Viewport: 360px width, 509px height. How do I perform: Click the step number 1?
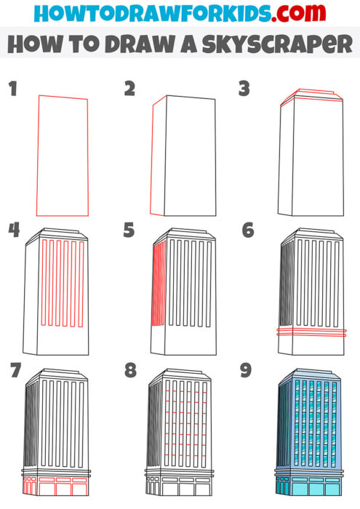[x=12, y=89]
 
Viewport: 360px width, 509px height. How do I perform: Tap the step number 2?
[x=129, y=89]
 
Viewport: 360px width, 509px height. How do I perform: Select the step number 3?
[x=244, y=89]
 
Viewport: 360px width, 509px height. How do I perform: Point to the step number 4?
[x=14, y=231]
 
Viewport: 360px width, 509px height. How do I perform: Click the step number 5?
[x=129, y=231]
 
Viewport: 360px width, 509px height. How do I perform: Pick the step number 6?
[x=247, y=231]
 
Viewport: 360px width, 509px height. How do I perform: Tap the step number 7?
[x=14, y=371]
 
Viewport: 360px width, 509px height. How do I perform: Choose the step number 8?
[x=130, y=371]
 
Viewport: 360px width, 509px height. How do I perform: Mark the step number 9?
[x=246, y=371]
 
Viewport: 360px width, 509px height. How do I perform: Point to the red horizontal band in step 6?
[x=311, y=332]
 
